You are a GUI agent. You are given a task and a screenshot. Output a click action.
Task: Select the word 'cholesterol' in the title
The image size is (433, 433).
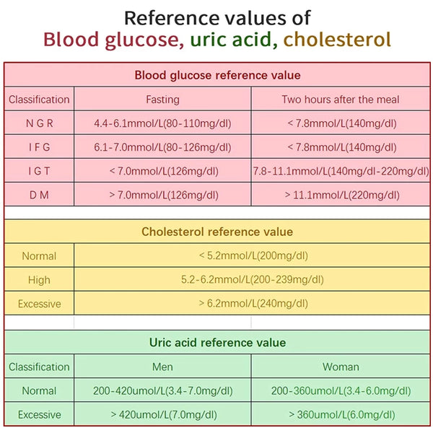pos(337,39)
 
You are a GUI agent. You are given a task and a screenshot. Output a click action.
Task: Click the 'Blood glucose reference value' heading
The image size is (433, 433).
pos(217,75)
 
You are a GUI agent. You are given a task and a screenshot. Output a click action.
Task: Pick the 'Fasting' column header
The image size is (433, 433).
pos(162,100)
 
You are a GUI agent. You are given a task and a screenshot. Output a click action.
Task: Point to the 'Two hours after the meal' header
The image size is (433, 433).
pos(341,100)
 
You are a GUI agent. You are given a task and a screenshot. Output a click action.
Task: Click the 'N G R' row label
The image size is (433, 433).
pos(39,123)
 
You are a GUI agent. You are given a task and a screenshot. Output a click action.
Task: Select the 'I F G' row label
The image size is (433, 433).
pos(39,147)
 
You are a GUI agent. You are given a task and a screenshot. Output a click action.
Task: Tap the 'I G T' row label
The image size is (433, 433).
pos(39,171)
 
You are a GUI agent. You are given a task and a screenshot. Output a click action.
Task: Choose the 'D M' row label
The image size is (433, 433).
pos(39,195)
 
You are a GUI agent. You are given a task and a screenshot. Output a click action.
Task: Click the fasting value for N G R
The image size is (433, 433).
pos(162,123)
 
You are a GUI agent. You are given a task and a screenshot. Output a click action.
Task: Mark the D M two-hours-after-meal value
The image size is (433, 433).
pos(341,195)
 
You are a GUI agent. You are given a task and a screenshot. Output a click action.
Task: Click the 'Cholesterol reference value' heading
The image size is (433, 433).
pos(217,232)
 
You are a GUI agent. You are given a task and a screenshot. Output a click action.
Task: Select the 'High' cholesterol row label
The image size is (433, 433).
pos(39,280)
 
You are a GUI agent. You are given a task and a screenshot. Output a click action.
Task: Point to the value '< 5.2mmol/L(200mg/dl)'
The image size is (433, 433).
pos(253,255)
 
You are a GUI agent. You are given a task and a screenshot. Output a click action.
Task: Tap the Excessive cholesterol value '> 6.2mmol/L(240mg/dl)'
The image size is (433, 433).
pos(253,304)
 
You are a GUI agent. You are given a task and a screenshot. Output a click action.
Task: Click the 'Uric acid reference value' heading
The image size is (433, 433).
pos(217,343)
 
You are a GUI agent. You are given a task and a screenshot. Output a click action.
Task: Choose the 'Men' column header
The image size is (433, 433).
pos(162,367)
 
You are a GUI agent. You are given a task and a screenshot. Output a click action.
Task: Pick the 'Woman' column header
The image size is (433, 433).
pos(341,367)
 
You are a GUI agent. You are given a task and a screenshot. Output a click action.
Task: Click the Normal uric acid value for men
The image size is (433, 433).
pos(162,390)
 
